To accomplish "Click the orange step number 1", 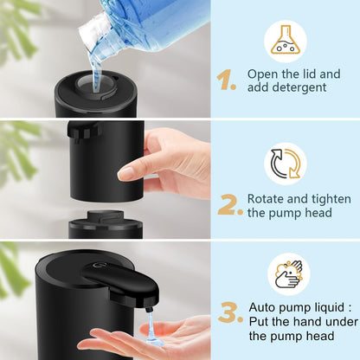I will click(x=226, y=81).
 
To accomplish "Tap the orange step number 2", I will click(x=229, y=204).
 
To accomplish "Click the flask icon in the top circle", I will click(x=285, y=41).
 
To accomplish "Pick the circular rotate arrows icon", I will click(x=285, y=164).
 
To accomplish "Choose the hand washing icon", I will click(x=285, y=273).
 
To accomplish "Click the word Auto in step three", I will click(x=264, y=306).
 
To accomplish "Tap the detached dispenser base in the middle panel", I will click(x=106, y=227).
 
